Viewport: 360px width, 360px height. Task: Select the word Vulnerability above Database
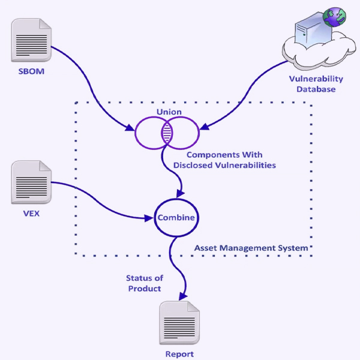tap(317, 79)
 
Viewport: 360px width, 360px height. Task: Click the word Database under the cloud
tap(317, 89)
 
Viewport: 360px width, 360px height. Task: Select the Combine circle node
tap(176, 217)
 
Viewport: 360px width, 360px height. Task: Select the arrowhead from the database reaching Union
tap(203, 127)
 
